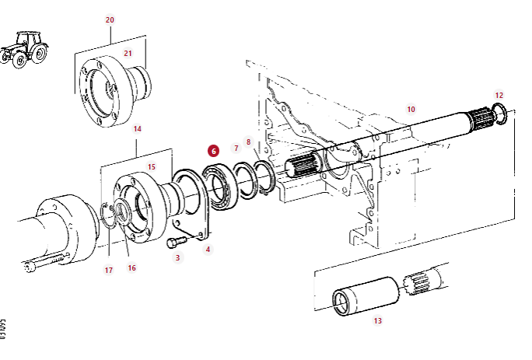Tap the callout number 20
coord(109,19)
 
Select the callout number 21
coord(128,54)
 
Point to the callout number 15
coord(152,166)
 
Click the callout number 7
coord(236,147)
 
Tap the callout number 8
coord(248,142)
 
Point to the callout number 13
coord(378,320)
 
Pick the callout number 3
coord(177,257)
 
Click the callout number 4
coord(208,249)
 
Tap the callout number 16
coord(131,267)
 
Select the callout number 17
coord(109,270)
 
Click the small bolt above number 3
coord(173,243)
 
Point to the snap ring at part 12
coord(502,114)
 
